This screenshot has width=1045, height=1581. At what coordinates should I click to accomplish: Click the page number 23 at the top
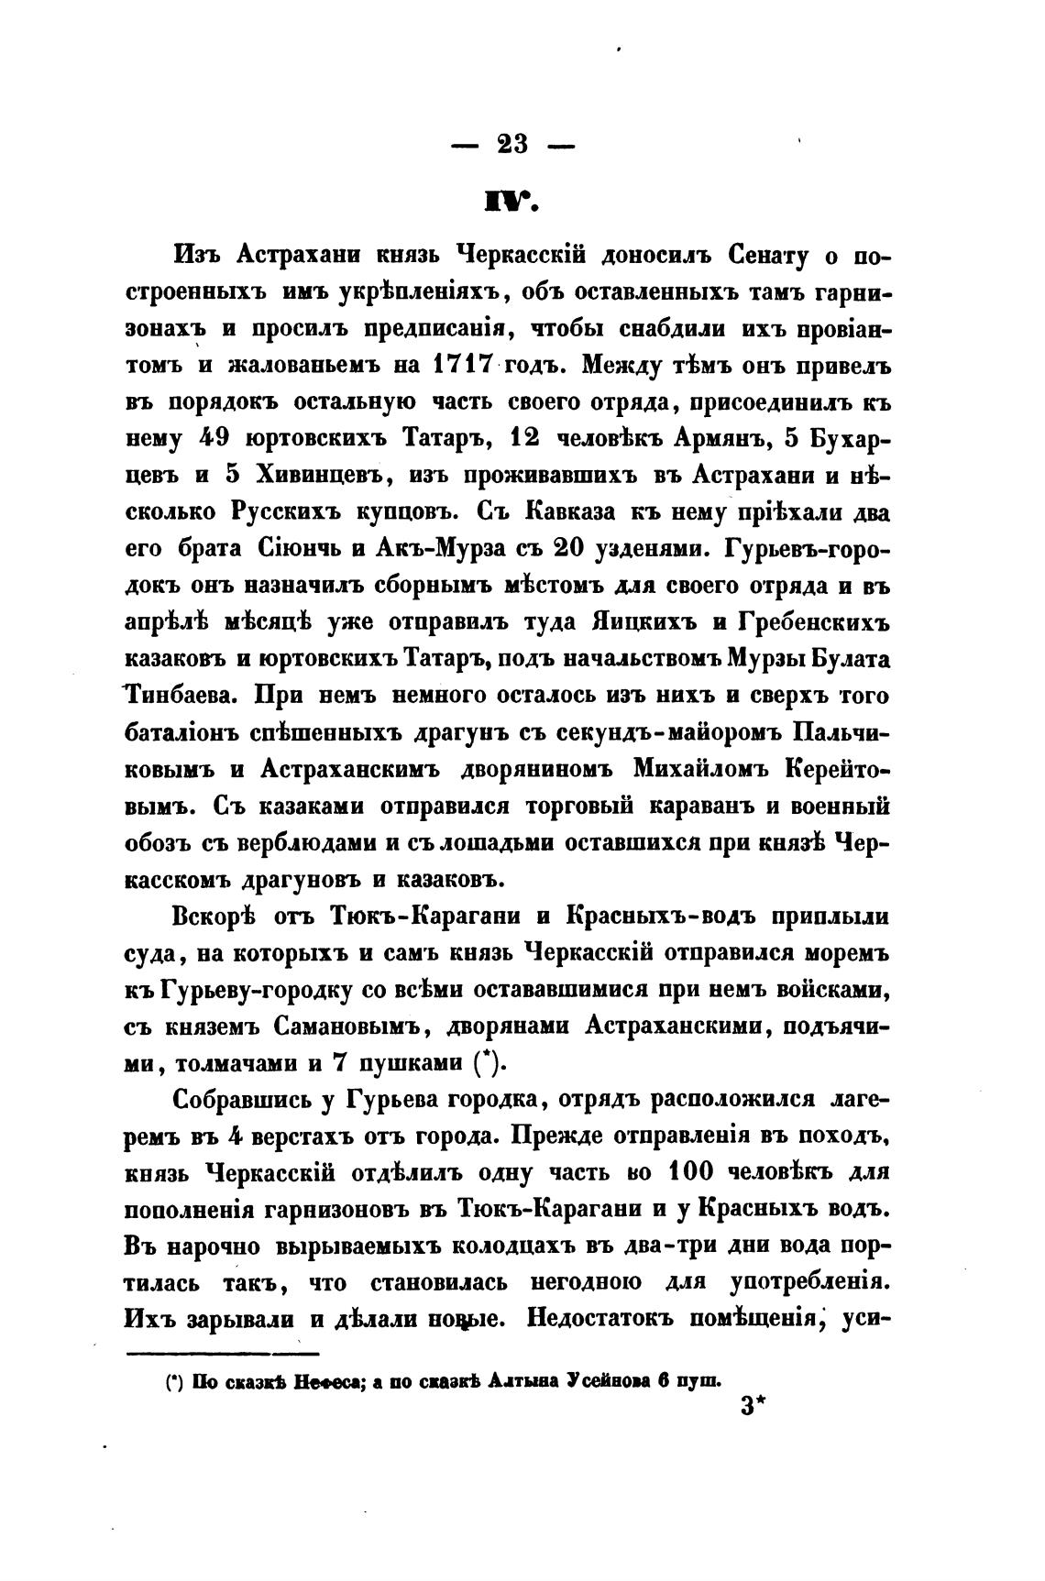click(x=512, y=144)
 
